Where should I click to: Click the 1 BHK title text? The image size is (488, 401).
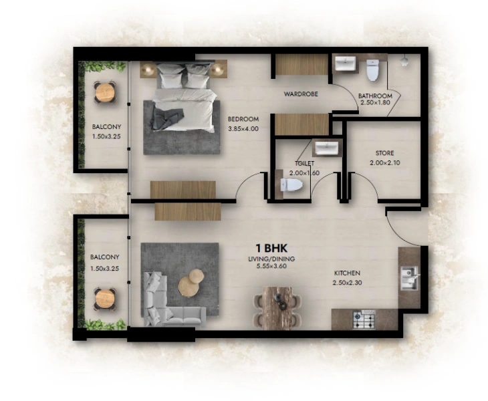click(x=270, y=249)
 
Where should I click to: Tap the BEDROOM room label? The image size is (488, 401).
click(x=243, y=120)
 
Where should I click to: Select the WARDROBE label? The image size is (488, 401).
click(x=299, y=94)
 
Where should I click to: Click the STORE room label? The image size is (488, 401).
click(x=384, y=153)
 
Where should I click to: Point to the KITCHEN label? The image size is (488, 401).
click(x=347, y=273)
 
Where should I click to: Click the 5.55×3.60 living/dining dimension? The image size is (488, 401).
click(x=270, y=267)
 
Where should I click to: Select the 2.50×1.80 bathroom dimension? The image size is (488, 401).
click(x=375, y=103)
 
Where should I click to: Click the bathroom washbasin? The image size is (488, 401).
click(x=345, y=64)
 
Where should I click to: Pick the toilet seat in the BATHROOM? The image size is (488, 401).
click(x=373, y=69)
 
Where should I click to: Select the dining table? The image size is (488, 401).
click(x=279, y=308)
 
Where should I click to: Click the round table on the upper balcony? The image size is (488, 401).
click(x=104, y=92)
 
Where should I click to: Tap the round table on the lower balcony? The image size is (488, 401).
click(x=104, y=297)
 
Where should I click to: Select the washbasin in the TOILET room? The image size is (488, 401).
click(x=326, y=148)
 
